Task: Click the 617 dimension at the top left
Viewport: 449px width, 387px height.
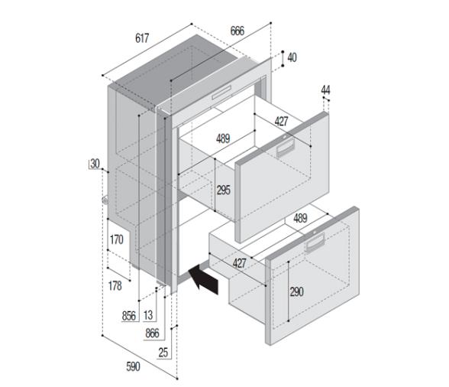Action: coord(143,38)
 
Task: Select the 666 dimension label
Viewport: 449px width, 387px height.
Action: coord(237,31)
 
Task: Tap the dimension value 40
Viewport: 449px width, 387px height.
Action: coord(292,58)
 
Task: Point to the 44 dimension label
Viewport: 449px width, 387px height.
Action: coord(326,90)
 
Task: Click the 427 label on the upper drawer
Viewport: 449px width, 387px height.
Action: coord(282,121)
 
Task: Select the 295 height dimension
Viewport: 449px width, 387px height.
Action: coord(223,190)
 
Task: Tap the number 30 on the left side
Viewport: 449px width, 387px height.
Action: coord(95,164)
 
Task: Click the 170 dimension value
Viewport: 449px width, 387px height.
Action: coord(116,240)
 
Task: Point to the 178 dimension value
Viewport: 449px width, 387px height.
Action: coord(115,286)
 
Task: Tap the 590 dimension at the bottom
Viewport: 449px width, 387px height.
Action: coord(133,367)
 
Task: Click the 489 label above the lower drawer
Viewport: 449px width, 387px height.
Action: coord(300,218)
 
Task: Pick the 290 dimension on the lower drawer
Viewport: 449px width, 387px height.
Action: coord(298,292)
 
